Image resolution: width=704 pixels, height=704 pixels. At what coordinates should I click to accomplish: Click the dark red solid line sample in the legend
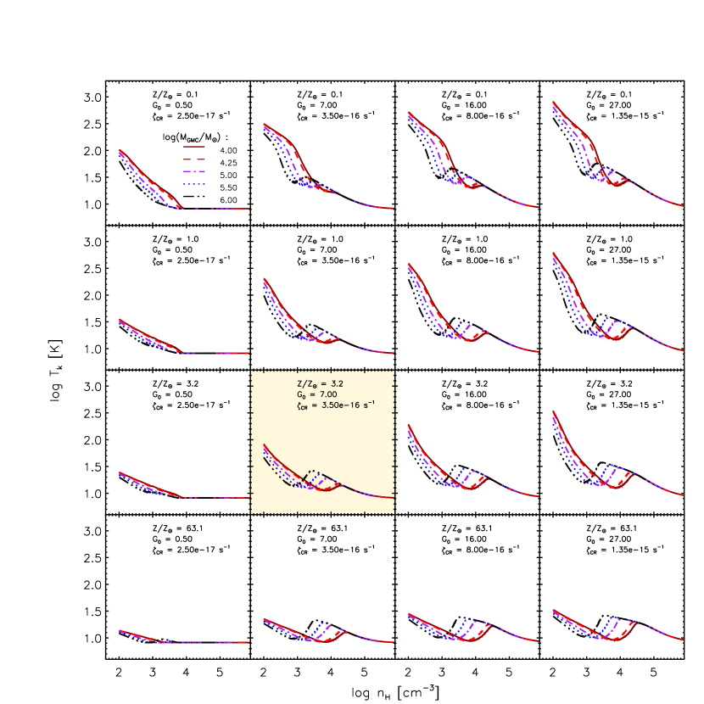click(x=194, y=147)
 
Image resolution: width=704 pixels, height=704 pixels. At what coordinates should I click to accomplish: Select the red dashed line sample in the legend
click(x=194, y=159)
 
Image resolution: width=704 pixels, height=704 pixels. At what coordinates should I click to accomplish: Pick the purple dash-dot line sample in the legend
click(x=194, y=171)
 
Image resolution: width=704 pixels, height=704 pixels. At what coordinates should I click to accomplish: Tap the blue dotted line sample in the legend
click(x=194, y=184)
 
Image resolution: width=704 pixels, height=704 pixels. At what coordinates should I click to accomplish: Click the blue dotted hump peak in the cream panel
click(x=321, y=474)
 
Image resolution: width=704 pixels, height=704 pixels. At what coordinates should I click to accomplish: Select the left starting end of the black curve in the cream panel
click(x=265, y=458)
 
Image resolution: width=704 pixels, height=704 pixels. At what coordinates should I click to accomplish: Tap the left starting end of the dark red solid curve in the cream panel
click(x=265, y=444)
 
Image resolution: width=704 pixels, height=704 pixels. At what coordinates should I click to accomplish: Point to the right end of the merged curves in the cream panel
click(x=393, y=498)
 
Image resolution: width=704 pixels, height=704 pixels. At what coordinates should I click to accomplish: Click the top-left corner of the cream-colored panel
click(x=251, y=371)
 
